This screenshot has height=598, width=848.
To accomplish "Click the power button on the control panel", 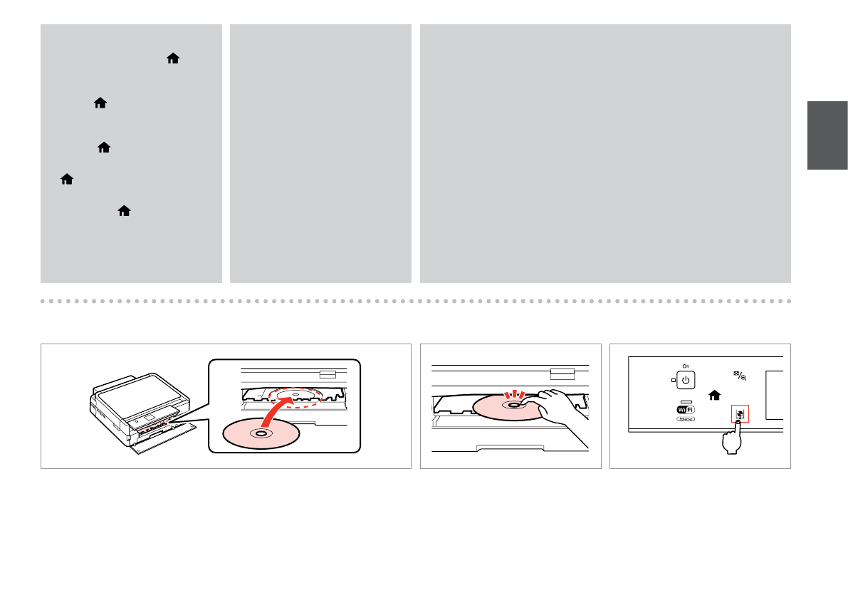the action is click(686, 380).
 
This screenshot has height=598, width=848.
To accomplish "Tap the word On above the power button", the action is click(686, 366).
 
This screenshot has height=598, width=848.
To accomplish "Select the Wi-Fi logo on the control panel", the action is click(686, 408).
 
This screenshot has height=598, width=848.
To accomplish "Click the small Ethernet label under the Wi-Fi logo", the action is click(686, 420).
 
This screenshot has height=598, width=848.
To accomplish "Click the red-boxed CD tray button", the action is click(740, 413).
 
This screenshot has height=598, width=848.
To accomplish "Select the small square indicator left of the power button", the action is click(673, 380).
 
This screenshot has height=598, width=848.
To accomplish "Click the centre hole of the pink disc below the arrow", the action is click(261, 433).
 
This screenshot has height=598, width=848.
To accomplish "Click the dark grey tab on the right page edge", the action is click(827, 135).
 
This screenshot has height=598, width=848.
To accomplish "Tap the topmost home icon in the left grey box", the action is click(172, 62).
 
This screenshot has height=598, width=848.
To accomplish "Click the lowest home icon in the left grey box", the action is click(125, 211).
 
